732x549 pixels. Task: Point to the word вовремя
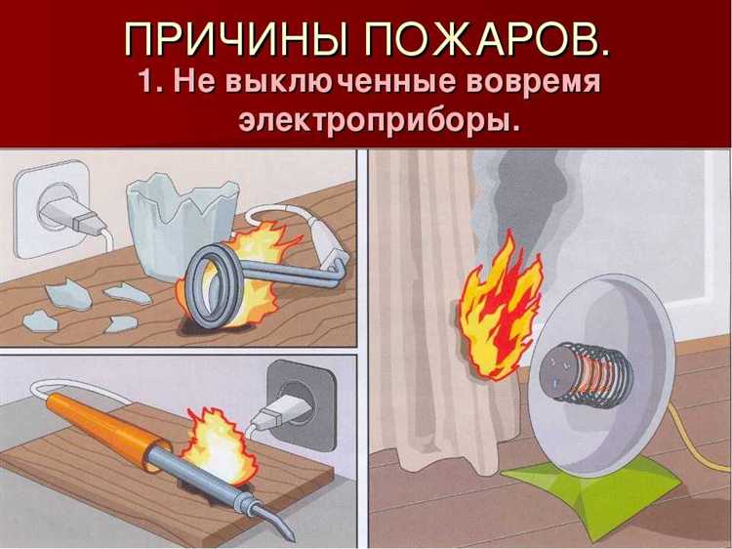[x=533, y=83]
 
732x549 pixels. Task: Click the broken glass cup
[x=182, y=225]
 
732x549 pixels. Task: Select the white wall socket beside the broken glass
[x=53, y=209]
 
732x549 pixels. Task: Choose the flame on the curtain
[x=500, y=309]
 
